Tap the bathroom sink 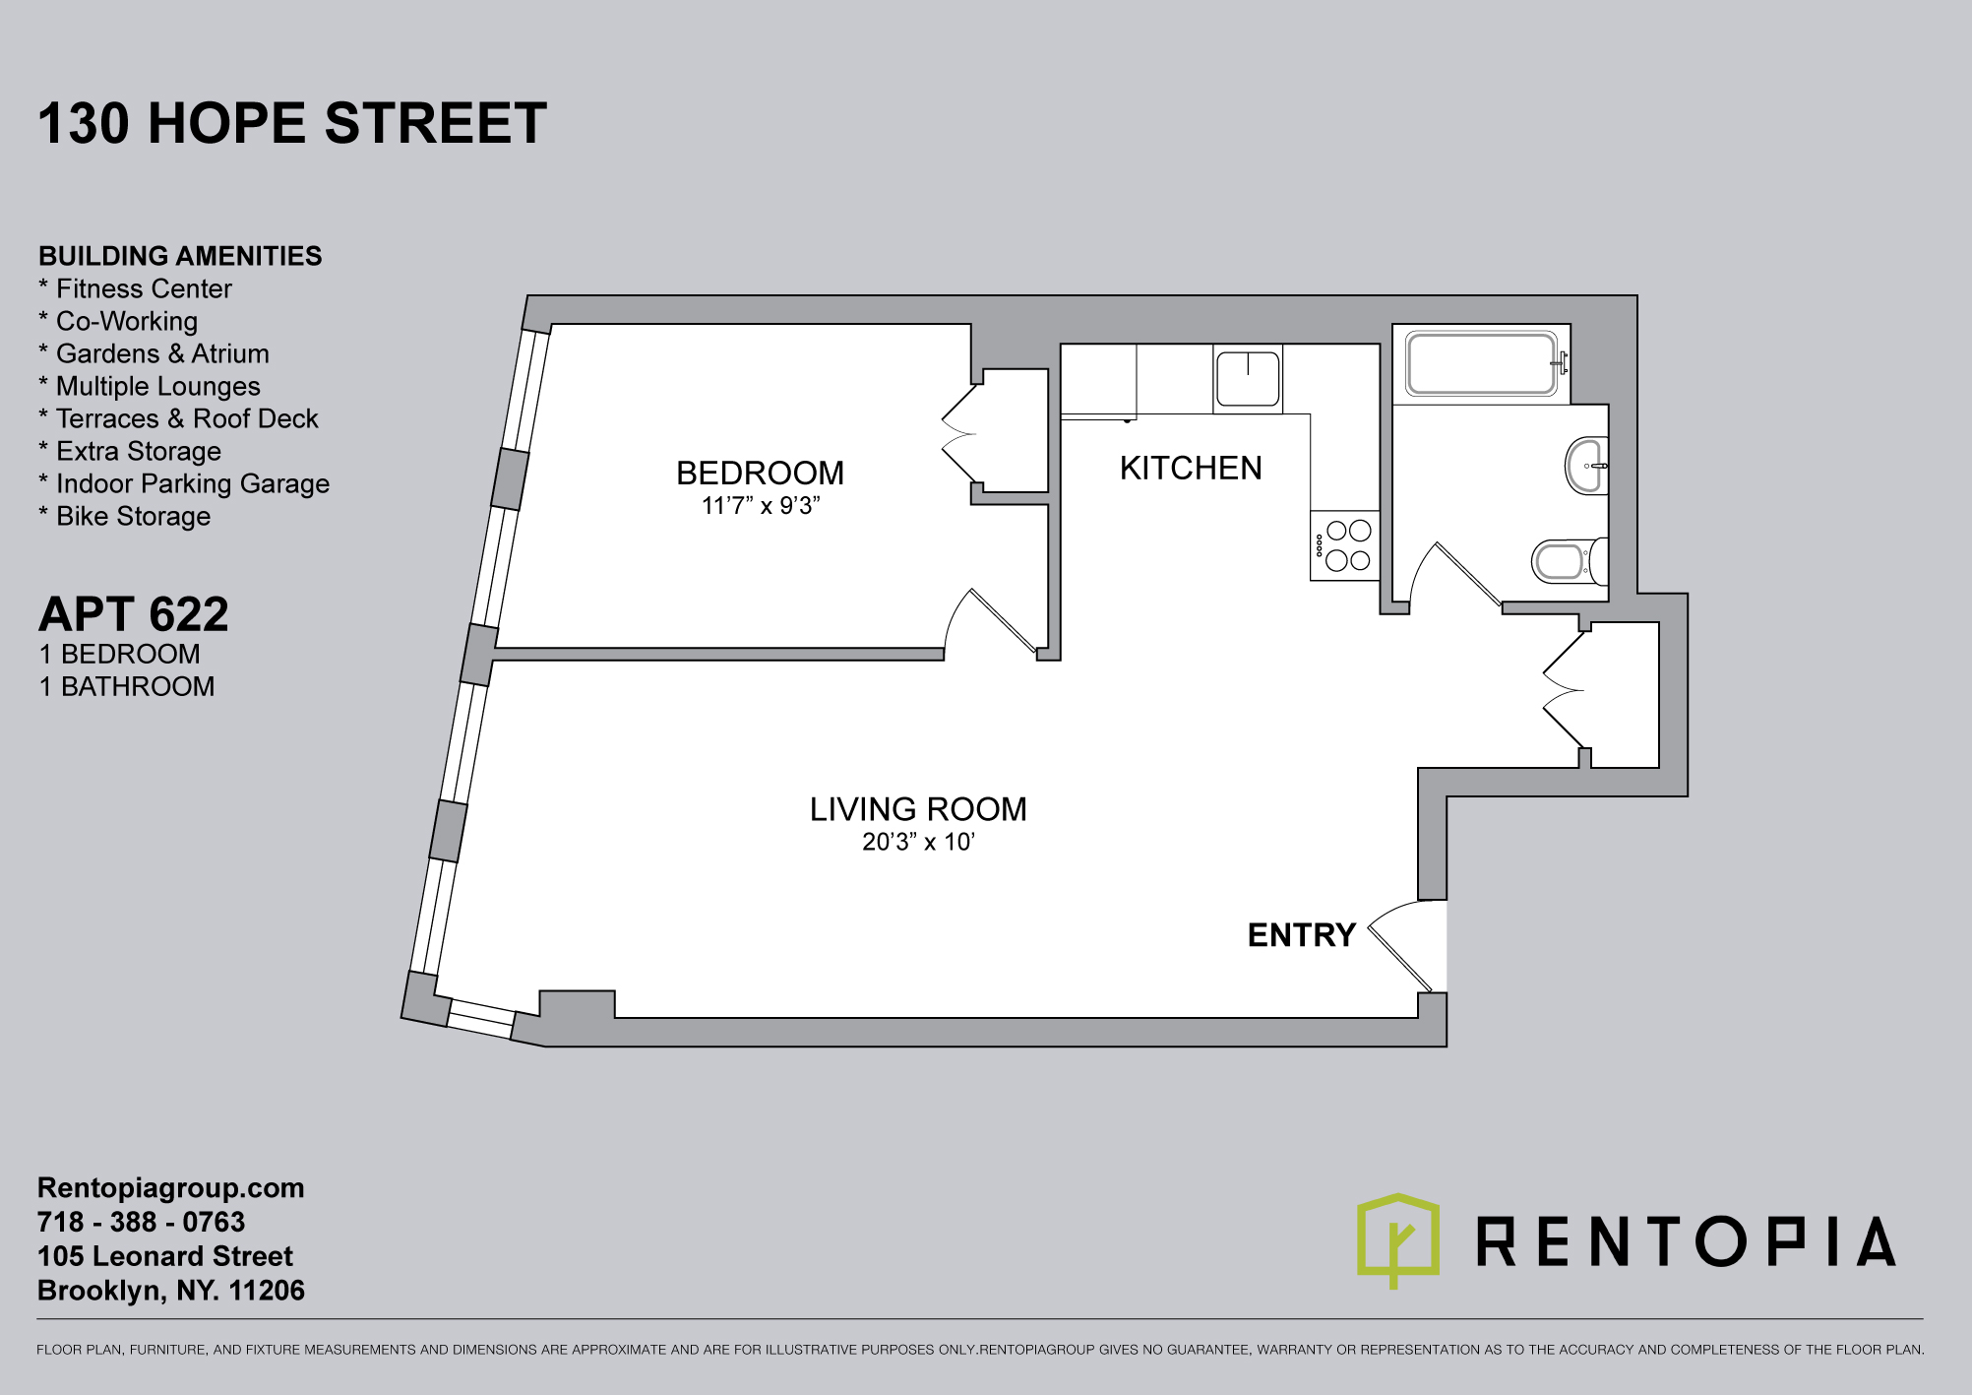tap(1586, 465)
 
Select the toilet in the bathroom tap(1570, 561)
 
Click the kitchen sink tap(1248, 379)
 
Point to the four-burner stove tap(1345, 545)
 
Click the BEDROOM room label tap(760, 474)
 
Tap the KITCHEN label tap(1191, 469)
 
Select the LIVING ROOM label tap(918, 809)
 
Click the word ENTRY tap(1302, 934)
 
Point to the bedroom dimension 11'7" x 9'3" tap(761, 506)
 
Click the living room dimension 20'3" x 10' tap(918, 842)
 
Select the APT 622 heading tap(134, 614)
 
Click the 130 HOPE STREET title tap(292, 123)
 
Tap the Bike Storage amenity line tap(124, 516)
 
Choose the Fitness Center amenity tap(135, 288)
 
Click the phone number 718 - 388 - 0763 tap(141, 1222)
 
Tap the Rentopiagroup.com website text tap(171, 1188)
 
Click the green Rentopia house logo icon tap(1398, 1239)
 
